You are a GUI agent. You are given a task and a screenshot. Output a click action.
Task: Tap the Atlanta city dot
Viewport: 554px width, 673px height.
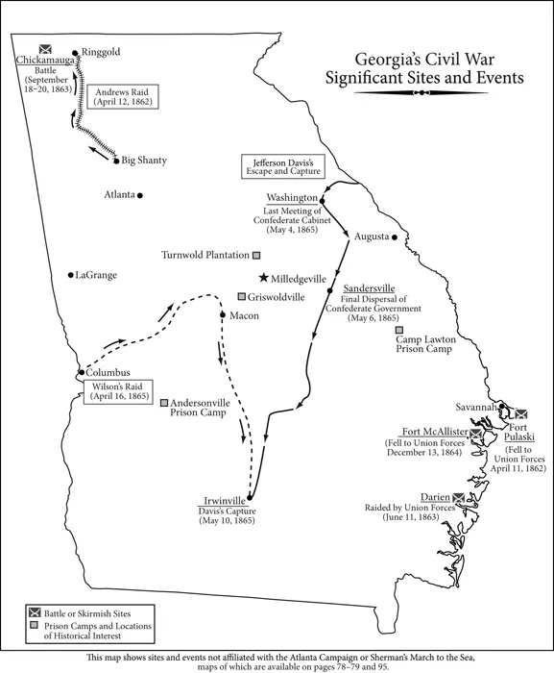coord(139,195)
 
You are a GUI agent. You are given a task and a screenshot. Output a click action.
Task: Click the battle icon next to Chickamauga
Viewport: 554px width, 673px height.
coord(44,49)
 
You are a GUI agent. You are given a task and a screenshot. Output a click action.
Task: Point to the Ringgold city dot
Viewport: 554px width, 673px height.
coord(76,52)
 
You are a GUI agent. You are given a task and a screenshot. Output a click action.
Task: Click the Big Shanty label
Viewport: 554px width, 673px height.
coord(141,160)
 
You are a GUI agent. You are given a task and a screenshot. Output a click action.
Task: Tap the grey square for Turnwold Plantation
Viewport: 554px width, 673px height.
coord(256,256)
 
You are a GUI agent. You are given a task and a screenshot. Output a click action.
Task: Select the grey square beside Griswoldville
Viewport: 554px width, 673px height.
coord(243,296)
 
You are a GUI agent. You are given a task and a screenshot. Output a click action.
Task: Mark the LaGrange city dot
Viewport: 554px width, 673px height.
coord(70,275)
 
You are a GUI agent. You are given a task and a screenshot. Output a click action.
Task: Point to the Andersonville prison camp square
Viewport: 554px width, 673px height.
coord(164,403)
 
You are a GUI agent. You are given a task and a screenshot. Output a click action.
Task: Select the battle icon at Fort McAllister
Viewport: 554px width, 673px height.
coord(474,434)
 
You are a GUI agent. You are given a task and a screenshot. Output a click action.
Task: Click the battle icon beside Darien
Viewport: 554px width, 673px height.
coord(459,497)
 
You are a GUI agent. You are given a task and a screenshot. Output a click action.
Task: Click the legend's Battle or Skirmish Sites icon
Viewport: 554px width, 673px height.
coord(35,612)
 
